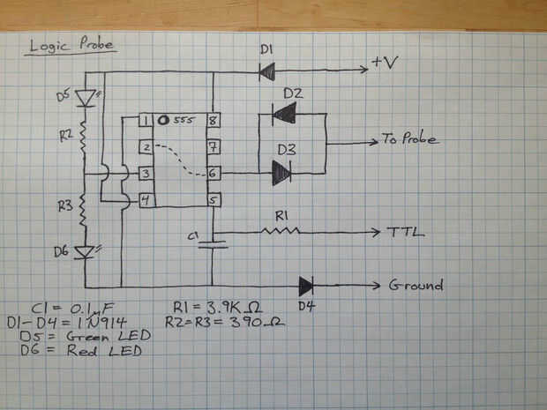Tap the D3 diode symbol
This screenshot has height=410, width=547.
tap(281, 175)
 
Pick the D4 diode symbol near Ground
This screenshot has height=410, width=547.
tap(305, 286)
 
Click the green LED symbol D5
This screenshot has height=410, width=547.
tap(86, 97)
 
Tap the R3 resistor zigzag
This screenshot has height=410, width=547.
tap(86, 212)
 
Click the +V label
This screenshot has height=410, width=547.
tap(386, 63)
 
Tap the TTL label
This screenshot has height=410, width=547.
tap(407, 234)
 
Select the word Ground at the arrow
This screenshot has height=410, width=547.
tap(415, 287)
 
